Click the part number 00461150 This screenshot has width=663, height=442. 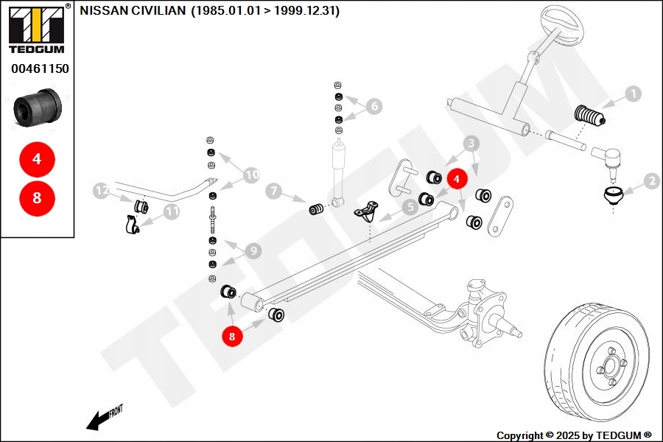tap(40, 69)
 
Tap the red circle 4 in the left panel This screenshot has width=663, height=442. tap(38, 158)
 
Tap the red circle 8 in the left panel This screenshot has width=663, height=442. tap(38, 197)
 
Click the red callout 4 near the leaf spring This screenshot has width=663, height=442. tap(456, 178)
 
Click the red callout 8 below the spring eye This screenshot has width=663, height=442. tap(232, 336)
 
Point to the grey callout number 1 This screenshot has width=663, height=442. tap(633, 94)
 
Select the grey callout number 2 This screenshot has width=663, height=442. tap(650, 180)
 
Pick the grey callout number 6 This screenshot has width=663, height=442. tap(374, 107)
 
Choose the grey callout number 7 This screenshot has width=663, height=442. tap(273, 192)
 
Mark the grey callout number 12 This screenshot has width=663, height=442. tap(102, 192)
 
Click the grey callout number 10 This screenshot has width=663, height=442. tap(251, 175)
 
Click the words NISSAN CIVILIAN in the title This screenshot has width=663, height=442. tap(133, 11)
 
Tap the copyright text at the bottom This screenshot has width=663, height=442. tap(574, 435)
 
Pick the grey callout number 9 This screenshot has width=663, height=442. tap(253, 251)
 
